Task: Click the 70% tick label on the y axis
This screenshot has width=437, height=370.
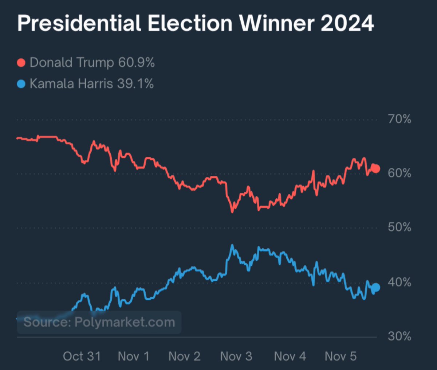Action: tap(399, 119)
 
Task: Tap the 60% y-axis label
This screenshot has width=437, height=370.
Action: tap(399, 173)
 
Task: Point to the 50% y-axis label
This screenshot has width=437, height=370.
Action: tap(399, 227)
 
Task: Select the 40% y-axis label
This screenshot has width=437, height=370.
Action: tap(399, 282)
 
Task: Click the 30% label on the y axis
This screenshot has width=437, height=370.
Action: tap(399, 336)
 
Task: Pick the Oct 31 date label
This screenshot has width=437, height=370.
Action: tap(82, 356)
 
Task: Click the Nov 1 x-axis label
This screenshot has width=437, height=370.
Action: tap(134, 356)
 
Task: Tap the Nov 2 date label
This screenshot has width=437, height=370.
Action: tap(185, 356)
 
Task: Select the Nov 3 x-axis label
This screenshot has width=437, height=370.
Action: tap(236, 356)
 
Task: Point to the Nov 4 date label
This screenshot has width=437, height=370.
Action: tap(290, 356)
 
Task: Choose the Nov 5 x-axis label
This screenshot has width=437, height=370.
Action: tap(340, 356)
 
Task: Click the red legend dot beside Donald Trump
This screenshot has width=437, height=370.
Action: tap(21, 63)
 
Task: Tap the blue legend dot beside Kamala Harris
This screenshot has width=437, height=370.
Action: tap(21, 84)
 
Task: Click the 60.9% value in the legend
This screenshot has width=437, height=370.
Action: tap(136, 63)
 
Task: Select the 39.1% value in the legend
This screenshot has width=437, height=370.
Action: tap(135, 84)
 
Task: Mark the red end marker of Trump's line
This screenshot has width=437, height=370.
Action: tap(375, 169)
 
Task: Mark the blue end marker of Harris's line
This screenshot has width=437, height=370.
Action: tap(375, 288)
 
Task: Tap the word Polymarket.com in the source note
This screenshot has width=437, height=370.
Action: tap(125, 322)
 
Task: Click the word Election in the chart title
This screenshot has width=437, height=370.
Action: tap(190, 24)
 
